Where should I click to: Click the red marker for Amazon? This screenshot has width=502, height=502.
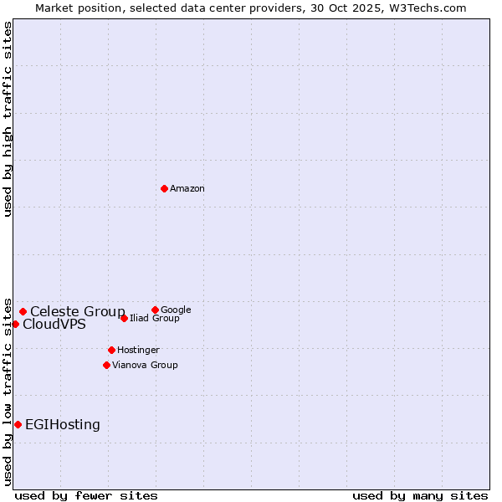tap(164, 188)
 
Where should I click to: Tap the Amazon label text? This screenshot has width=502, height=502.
tap(187, 189)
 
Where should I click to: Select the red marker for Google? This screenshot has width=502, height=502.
tap(155, 310)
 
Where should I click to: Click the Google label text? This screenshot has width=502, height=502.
tap(176, 310)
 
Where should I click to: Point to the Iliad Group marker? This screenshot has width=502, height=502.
tap(124, 318)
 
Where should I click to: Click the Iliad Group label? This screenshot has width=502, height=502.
tap(155, 319)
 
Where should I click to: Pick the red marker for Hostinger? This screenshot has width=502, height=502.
tap(111, 350)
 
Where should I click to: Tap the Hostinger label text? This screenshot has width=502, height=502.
tap(138, 351)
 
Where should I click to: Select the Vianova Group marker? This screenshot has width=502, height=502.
tap(106, 365)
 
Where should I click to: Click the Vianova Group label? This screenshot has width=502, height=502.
tap(145, 366)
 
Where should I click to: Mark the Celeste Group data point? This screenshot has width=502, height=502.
tap(23, 311)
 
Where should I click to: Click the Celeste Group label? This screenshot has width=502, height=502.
tap(78, 312)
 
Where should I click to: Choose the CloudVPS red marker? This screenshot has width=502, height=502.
tap(15, 324)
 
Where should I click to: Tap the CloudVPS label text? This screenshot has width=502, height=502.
tap(54, 325)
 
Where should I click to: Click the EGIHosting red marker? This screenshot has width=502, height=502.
tap(18, 424)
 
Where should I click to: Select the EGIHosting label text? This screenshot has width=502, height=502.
tap(63, 425)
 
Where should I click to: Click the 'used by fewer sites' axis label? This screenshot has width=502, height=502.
tap(86, 495)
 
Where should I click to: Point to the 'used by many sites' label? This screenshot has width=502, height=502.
tap(420, 495)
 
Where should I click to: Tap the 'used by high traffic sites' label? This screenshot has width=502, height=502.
tap(8, 119)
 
